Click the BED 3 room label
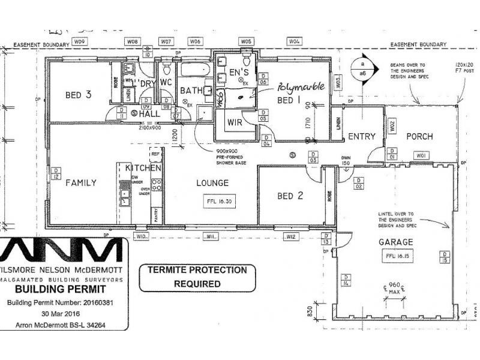[79, 95]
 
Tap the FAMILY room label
[81, 182]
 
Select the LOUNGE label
[211, 182]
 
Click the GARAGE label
[395, 242]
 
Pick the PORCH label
[419, 136]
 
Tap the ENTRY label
[362, 137]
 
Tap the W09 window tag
[80, 41]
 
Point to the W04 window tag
[294, 41]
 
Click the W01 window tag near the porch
[422, 156]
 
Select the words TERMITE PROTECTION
[197, 270]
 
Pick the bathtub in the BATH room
[193, 70]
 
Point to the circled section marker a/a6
[362, 66]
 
